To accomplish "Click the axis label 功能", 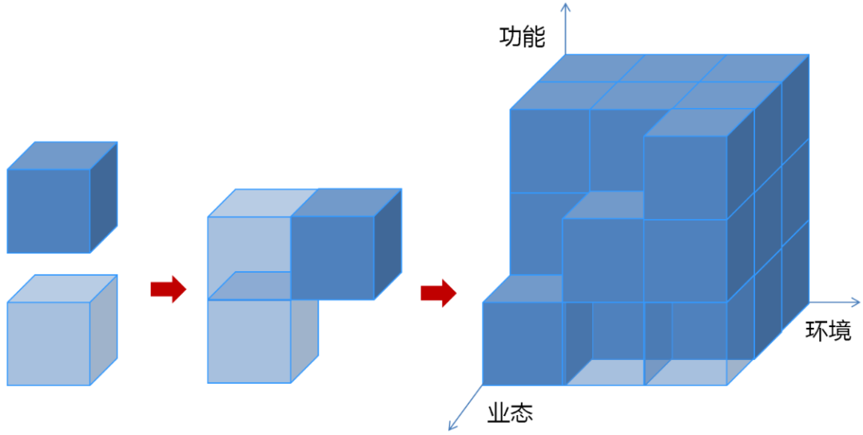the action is [x=522, y=38].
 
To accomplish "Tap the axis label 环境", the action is [x=828, y=331].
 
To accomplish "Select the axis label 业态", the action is [x=510, y=413].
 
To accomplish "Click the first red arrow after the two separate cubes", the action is [x=168, y=289].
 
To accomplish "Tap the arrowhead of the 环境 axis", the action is [x=857, y=302].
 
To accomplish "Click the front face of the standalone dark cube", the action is [x=48, y=211].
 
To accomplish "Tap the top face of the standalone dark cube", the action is [x=62, y=155].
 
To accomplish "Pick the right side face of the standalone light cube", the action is [x=103, y=329].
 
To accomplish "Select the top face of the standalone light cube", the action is [x=62, y=289].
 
